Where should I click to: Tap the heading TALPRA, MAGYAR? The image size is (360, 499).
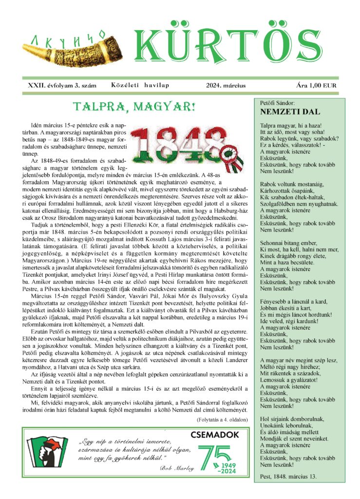pyautogui.click(x=133, y=106)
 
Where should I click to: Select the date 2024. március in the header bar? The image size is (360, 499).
pyautogui.click(x=226, y=85)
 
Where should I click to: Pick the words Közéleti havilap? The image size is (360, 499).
pyautogui.click(x=140, y=85)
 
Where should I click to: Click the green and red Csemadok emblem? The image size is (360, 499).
pyautogui.click(x=49, y=451)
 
